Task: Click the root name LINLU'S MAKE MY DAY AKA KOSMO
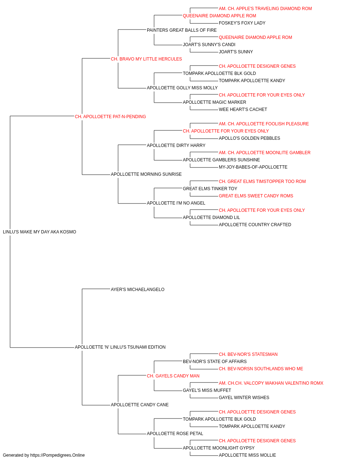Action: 40,232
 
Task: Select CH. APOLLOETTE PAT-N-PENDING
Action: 110,117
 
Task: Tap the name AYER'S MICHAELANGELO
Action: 138,290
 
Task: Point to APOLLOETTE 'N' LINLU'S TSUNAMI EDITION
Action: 120,347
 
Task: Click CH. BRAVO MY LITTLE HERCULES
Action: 146,59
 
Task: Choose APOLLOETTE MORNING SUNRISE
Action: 146,174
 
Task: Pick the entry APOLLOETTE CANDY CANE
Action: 140,405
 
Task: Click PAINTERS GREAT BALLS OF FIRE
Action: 182,30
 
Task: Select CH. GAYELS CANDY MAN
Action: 173,376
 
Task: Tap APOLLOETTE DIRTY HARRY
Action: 176,146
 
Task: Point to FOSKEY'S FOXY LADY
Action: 242,23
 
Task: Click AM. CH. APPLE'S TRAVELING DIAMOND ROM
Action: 265,9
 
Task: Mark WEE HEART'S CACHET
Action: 243,109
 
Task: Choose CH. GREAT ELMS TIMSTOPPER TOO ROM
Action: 262,182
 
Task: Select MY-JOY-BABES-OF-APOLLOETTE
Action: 253,167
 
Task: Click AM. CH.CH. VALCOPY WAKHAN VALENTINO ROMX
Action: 271,383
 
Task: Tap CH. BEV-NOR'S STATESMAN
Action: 248,354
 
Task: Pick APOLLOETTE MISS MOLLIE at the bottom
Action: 247,455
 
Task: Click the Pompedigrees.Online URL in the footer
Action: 57,455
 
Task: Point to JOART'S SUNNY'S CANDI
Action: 209,45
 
